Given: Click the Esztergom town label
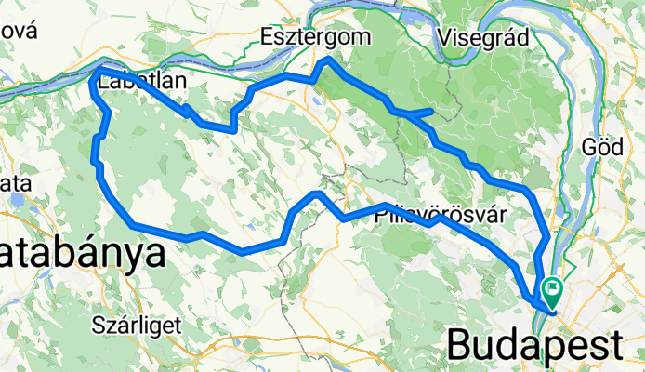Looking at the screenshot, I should (314, 36).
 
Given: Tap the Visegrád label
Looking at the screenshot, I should (481, 37).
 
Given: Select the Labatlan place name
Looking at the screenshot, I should (142, 82).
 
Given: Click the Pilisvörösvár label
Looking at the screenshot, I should (441, 215).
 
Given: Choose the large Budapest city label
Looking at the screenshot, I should (535, 344).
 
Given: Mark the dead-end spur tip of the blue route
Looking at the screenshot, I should (430, 111).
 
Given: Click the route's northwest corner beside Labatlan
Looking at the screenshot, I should (98, 71).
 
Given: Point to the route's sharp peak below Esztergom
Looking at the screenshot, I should (326, 61).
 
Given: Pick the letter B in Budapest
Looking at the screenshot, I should (461, 344).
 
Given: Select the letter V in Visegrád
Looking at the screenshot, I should (442, 37).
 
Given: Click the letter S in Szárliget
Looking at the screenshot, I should (99, 325).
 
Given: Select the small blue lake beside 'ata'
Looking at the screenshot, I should (16, 197).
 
